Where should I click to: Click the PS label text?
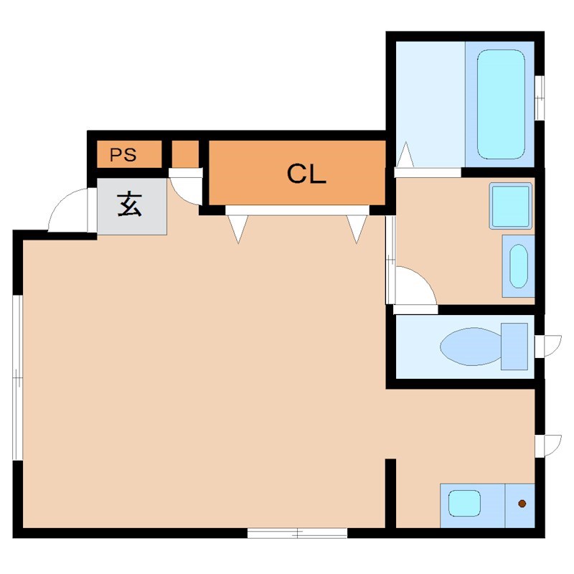[x=123, y=155]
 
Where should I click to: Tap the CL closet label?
[x=306, y=174]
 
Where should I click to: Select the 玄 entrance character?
[x=130, y=205]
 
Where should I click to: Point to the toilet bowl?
[x=470, y=346]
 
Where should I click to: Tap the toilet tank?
[x=514, y=346]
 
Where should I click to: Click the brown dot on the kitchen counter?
[x=522, y=503]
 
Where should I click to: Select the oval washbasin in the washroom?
[x=518, y=265]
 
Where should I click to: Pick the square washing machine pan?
[x=510, y=206]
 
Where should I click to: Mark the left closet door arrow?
[x=237, y=228]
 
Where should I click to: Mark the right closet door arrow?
[x=357, y=228]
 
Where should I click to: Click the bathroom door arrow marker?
[x=405, y=154]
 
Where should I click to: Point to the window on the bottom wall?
[x=297, y=533]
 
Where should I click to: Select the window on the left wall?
[x=17, y=377]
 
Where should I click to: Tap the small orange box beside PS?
[x=185, y=154]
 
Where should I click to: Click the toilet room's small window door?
[x=549, y=345]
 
